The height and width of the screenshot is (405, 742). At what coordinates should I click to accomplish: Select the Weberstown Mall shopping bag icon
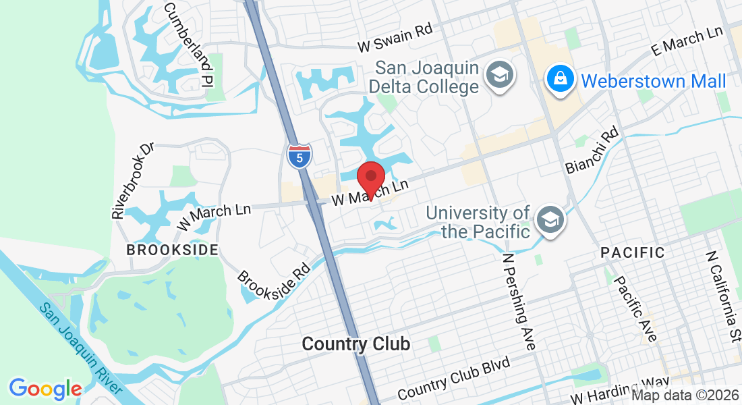pos(561,80)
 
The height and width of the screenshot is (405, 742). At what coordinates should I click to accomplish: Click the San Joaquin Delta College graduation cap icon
pos(500,76)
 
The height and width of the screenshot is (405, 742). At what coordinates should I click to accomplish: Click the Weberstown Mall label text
pos(653,82)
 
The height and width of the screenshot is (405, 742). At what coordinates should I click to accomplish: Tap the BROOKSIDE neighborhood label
pos(173,250)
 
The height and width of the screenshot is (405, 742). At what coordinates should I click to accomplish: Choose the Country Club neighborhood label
pos(355,344)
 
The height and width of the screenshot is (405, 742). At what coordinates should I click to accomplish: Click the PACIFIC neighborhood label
pos(633,253)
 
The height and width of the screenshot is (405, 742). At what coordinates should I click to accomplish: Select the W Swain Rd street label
pos(395,39)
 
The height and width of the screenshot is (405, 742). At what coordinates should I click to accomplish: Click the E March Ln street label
pos(686,41)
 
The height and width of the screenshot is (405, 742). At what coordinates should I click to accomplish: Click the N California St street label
pos(722,298)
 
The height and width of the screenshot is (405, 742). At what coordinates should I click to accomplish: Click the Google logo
pos(45,389)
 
